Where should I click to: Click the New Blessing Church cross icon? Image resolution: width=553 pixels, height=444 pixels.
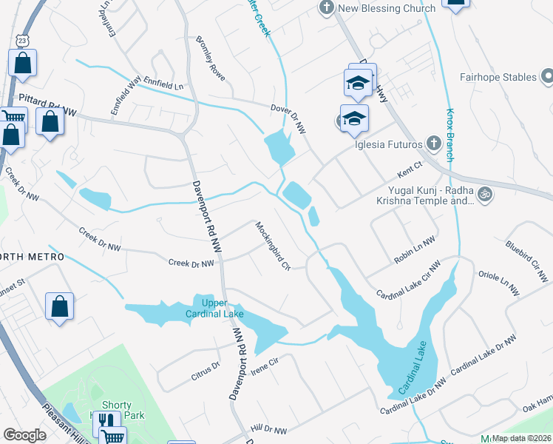(326, 9)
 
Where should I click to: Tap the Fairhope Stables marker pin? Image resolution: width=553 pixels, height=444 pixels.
(547, 77)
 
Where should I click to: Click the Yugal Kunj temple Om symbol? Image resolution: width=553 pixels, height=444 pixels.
(485, 194)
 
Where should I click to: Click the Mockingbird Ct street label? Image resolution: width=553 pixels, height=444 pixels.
(273, 246)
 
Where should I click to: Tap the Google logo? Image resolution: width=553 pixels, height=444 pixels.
(24, 435)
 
